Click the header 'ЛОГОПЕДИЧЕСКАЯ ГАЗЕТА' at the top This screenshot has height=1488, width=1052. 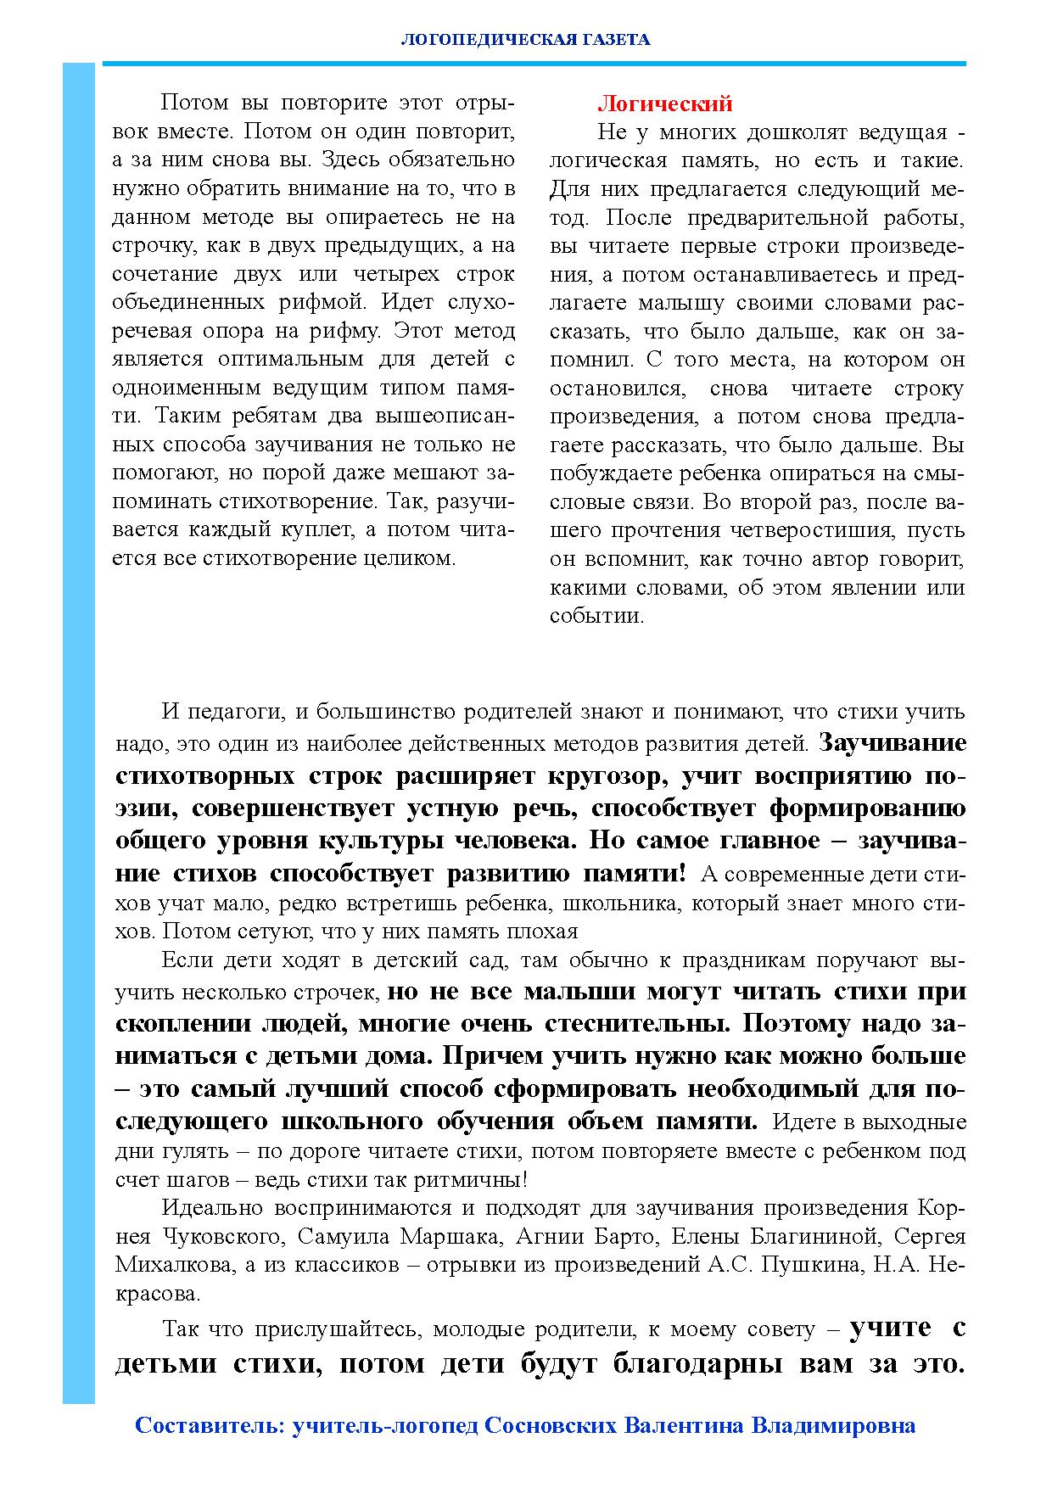coord(525,39)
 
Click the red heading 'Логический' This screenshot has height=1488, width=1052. coord(664,103)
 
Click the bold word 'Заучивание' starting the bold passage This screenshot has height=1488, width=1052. coord(893,742)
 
